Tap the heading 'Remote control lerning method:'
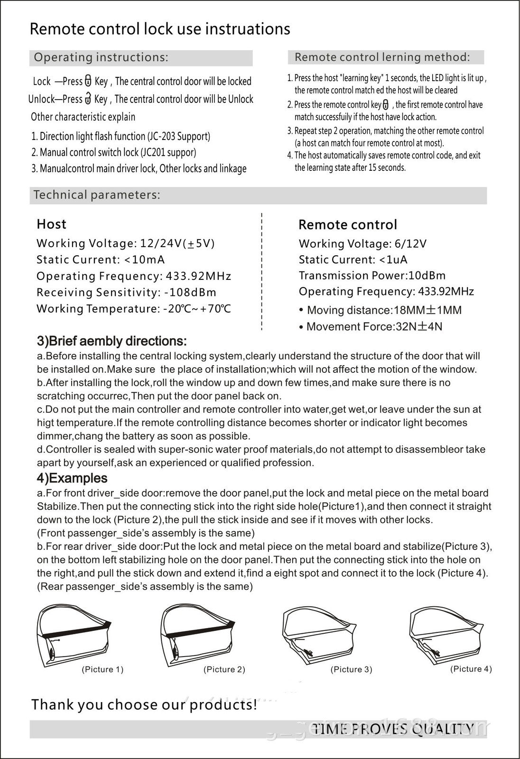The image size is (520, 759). pos(382,57)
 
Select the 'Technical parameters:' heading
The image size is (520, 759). pos(97,195)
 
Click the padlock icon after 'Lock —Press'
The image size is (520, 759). pos(88,81)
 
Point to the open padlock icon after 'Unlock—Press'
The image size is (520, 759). pos(88,99)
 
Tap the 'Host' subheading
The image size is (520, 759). pos(51,224)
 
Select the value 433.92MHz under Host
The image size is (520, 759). pos(198,276)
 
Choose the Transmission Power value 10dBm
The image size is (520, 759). pos(427,276)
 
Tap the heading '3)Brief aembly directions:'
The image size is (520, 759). pos(112,341)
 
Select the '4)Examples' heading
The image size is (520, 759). pos(72,478)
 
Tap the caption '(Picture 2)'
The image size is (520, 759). pos(224,669)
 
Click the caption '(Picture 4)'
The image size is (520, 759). pos(471,668)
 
